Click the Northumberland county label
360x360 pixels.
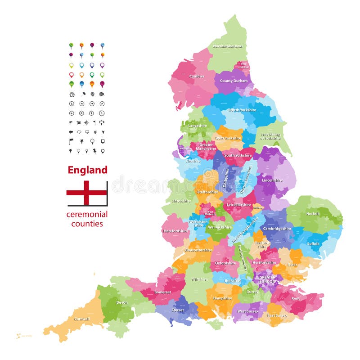(x=227, y=46)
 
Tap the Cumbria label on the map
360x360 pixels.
(x=197, y=76)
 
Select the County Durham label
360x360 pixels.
(x=234, y=81)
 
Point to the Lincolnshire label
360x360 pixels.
(x=272, y=180)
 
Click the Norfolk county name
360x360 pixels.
(x=313, y=214)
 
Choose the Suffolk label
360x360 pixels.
(x=313, y=243)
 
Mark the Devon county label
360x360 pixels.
(x=122, y=302)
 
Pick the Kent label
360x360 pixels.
(x=295, y=298)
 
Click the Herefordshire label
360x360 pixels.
(x=175, y=231)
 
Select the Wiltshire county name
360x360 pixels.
(x=199, y=279)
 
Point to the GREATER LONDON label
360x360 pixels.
(x=268, y=279)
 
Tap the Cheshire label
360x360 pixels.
(x=194, y=161)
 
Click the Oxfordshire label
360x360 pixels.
(x=225, y=263)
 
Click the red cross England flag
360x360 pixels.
(x=87, y=193)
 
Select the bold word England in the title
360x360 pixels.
(x=87, y=170)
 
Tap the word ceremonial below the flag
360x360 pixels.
(x=87, y=214)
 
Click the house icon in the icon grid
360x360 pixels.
(x=72, y=94)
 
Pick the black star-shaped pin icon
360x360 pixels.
(x=82, y=141)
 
